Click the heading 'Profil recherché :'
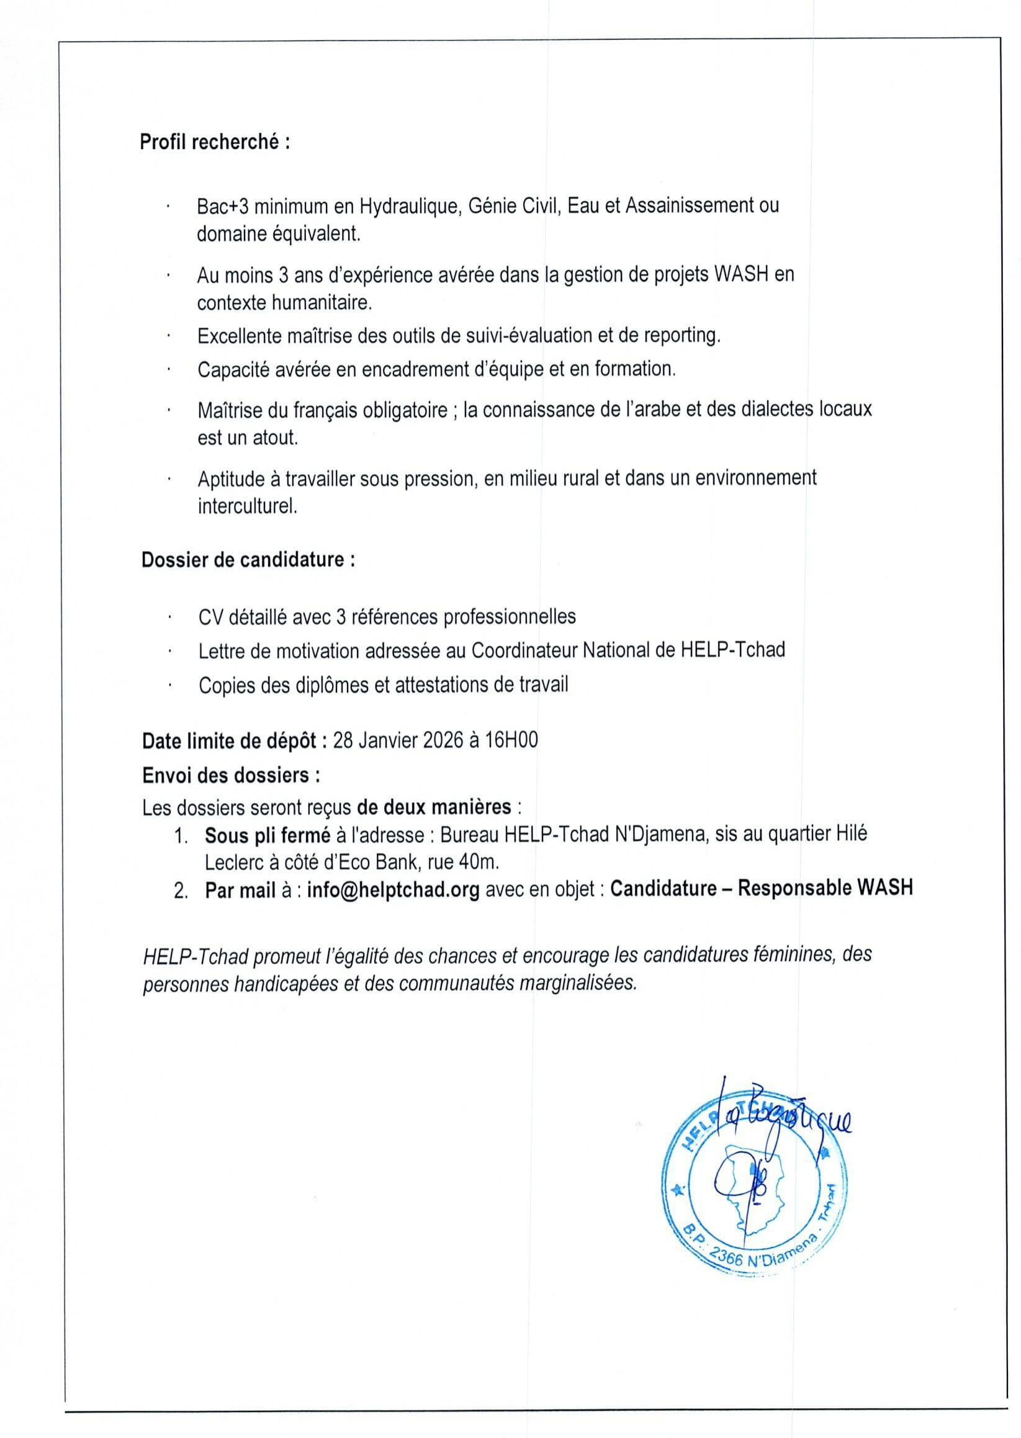click(214, 143)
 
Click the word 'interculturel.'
click(247, 506)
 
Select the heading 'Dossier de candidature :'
click(248, 559)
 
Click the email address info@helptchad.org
click(394, 889)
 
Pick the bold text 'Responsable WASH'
click(825, 888)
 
